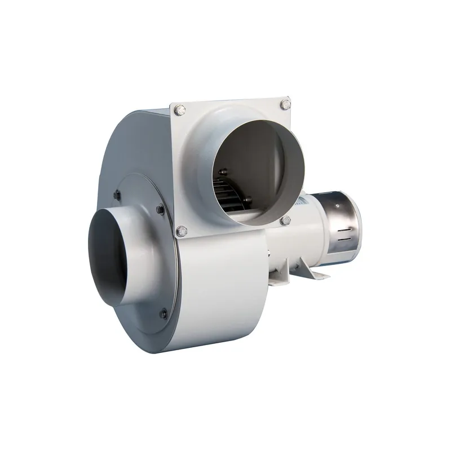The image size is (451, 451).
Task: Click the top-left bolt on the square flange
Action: tap(180, 110)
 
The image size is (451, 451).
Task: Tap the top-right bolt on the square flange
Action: tap(285, 104)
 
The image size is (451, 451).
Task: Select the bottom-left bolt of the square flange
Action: tap(182, 231)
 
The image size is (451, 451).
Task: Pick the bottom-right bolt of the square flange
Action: tap(286, 220)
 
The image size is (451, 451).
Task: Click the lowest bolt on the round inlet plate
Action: tap(163, 313)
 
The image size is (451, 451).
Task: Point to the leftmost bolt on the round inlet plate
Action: tap(117, 195)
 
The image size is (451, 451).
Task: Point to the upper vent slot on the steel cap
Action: tap(345, 231)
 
